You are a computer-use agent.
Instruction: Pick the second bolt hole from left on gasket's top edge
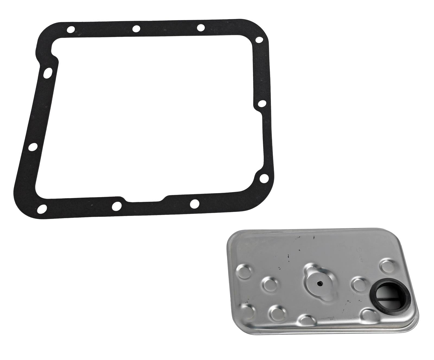(x=136, y=28)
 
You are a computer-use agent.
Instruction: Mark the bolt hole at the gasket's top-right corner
(x=259, y=40)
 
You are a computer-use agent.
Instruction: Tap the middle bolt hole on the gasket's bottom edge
(x=116, y=206)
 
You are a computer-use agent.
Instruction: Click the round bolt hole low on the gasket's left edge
(x=33, y=147)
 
